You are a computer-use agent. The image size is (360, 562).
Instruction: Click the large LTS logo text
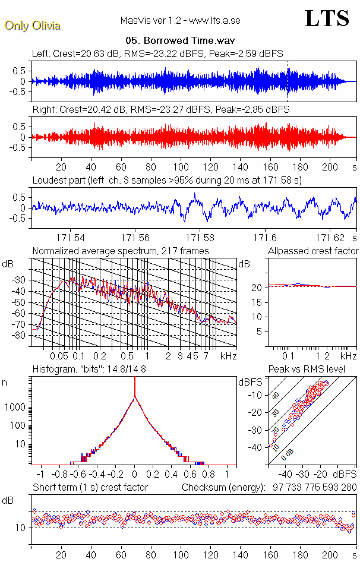327,18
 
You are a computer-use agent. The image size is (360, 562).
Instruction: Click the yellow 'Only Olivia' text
32,26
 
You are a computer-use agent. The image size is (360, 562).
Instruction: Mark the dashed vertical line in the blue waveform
288,80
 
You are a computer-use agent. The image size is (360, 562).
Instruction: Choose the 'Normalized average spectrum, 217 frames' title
121,251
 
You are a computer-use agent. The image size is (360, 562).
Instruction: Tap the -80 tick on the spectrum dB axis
20,336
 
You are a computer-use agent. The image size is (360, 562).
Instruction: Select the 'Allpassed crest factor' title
313,251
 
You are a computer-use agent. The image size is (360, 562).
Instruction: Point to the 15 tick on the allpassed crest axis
258,302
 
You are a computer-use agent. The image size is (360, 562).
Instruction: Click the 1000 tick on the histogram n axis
16,407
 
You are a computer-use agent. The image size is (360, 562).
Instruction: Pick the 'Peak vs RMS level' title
315,370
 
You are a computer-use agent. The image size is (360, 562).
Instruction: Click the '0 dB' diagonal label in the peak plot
289,454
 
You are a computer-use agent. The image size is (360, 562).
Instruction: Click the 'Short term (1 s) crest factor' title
90,488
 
